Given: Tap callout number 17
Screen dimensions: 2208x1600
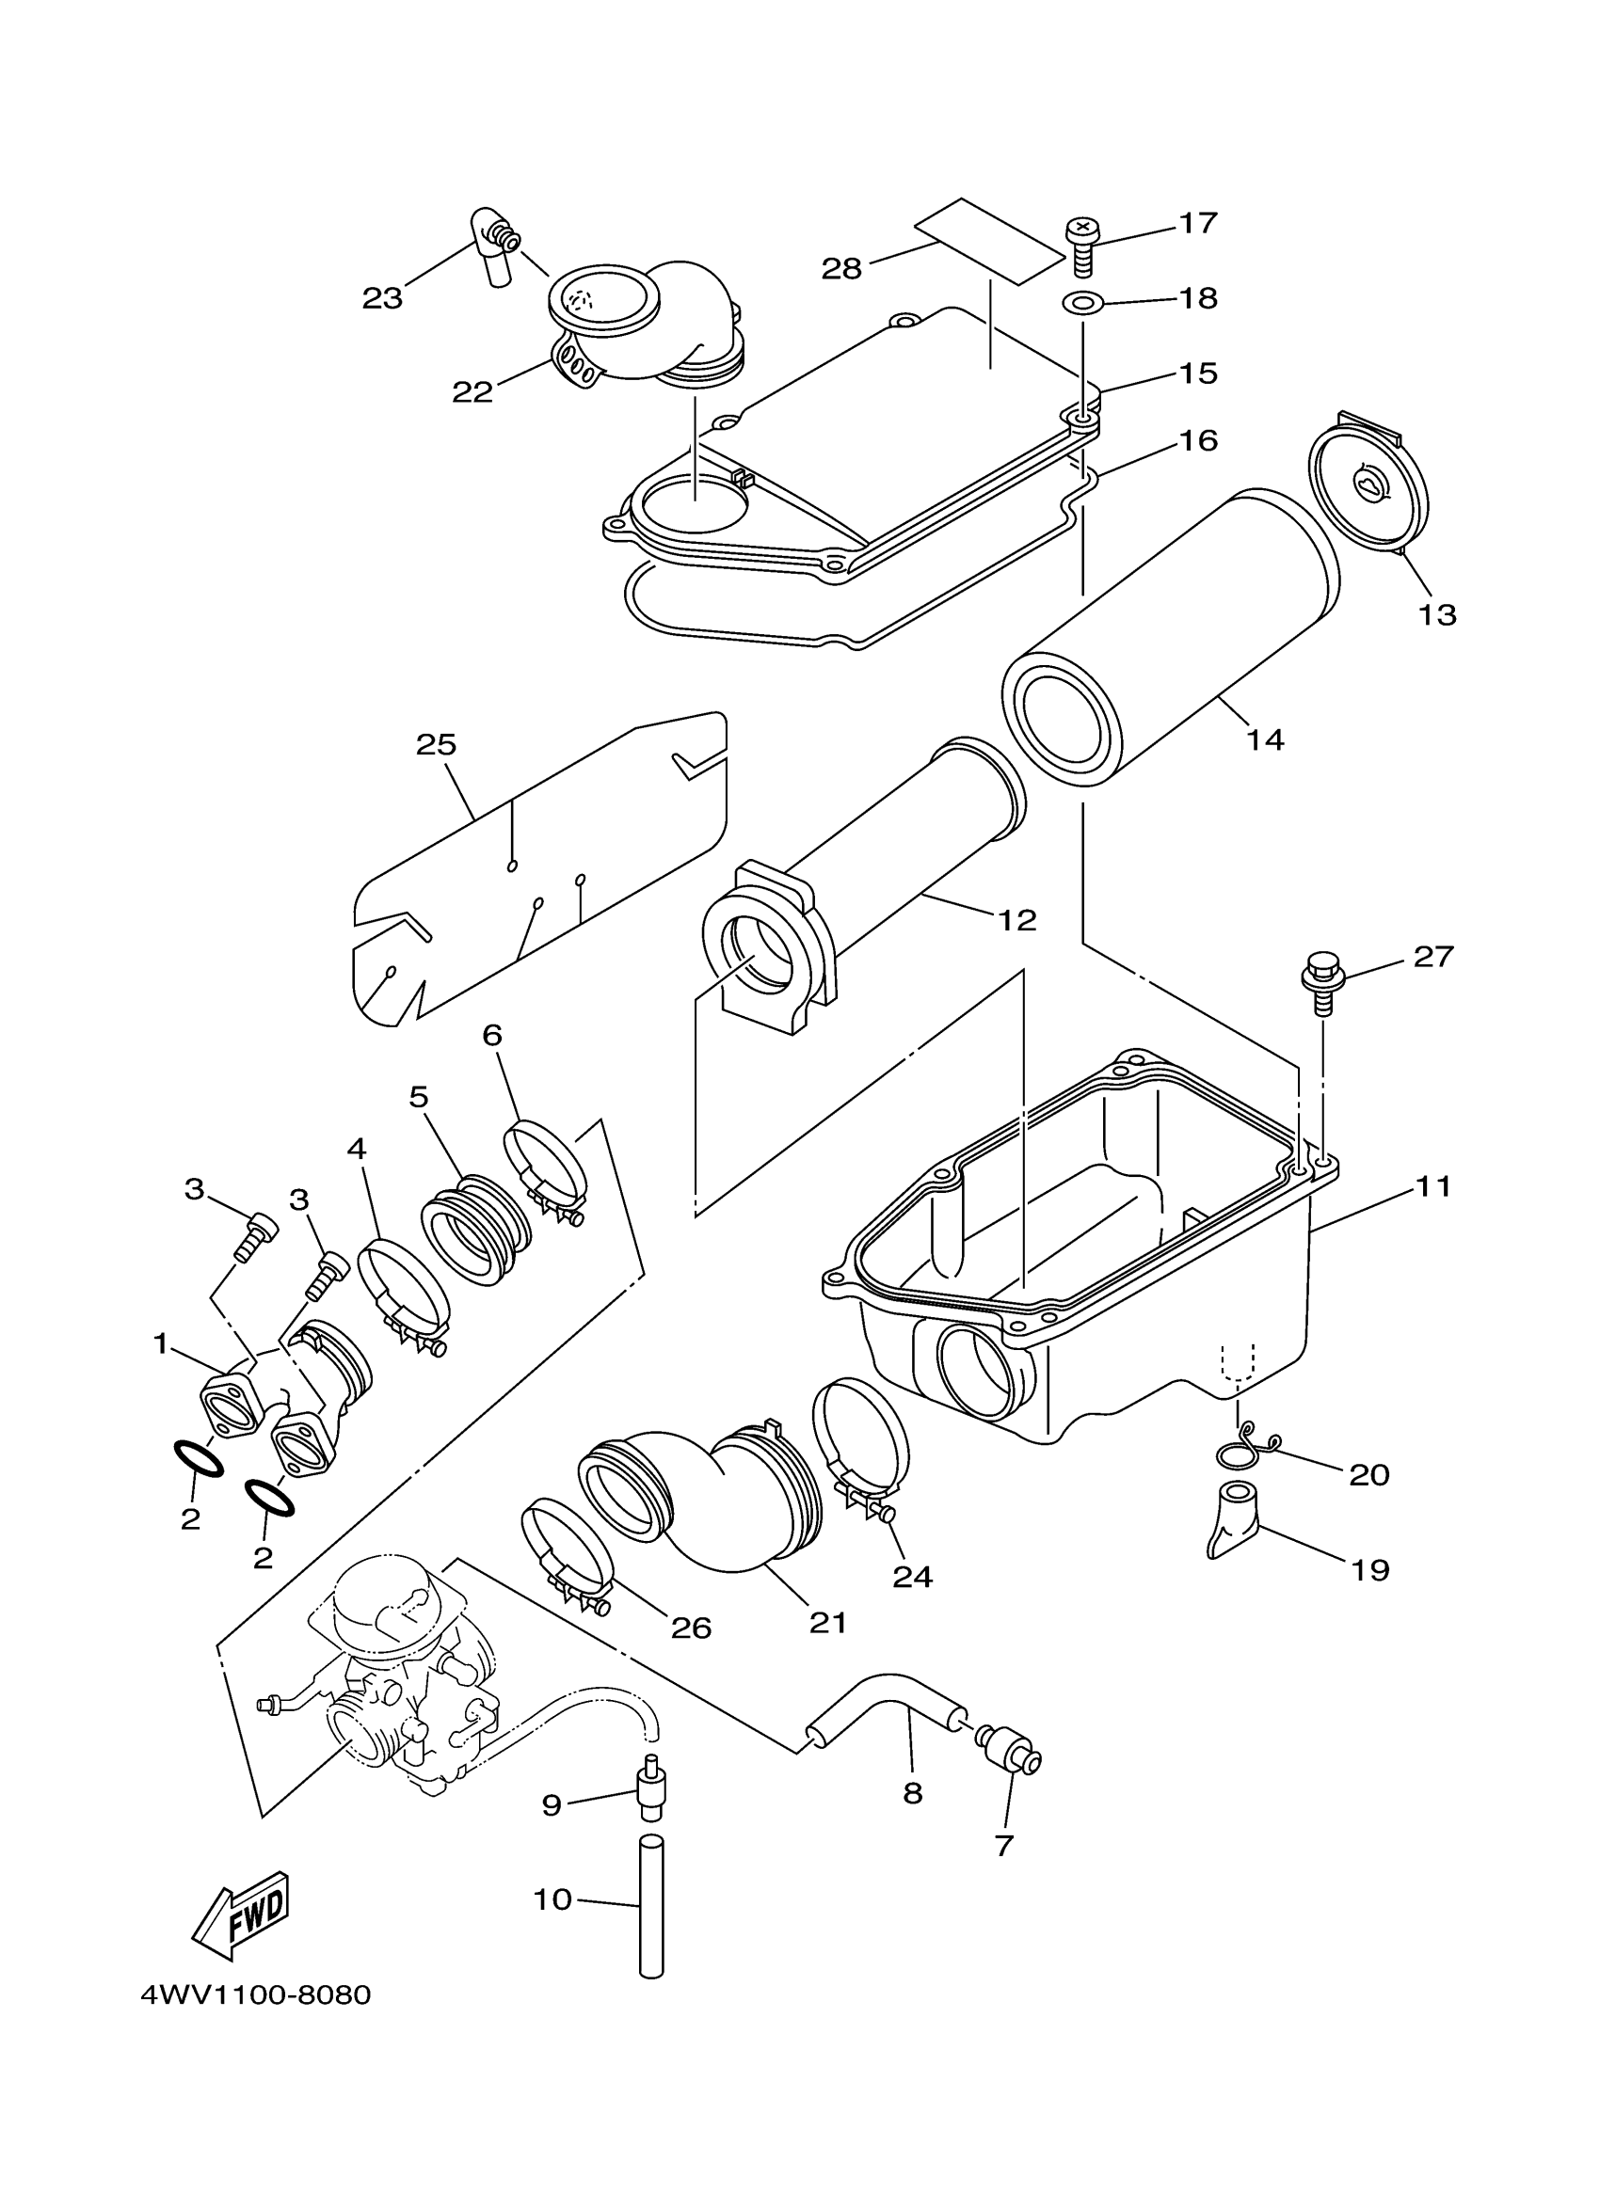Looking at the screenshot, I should (1198, 223).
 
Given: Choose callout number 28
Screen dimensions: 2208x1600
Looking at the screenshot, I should (841, 269).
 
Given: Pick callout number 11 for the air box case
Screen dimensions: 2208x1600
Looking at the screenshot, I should (1432, 1186).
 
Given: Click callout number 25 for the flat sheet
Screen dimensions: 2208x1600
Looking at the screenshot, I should (436, 745).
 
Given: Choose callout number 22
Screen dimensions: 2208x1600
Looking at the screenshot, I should (472, 391).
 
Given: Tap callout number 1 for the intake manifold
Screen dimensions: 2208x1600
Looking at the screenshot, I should (161, 1344).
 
